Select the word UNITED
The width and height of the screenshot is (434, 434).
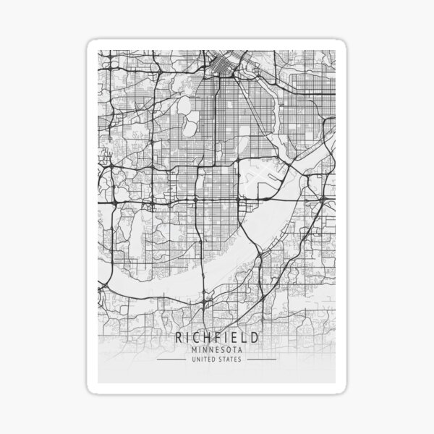201,359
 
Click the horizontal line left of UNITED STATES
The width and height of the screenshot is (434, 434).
171,359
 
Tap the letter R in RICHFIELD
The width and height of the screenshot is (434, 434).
178,338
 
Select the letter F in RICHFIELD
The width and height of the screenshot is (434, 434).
211,338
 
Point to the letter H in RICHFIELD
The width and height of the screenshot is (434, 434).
201,338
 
